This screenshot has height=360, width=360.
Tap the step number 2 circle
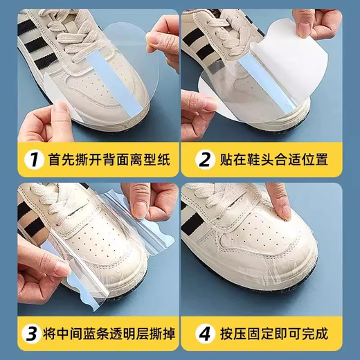point(206,161)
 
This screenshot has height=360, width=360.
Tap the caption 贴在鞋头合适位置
point(273,161)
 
